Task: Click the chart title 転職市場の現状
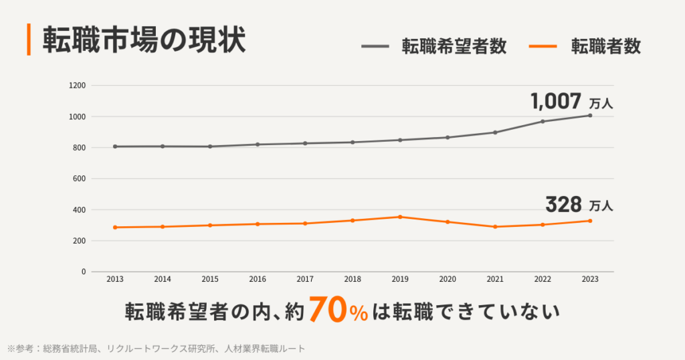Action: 144,40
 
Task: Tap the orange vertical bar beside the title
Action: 29,40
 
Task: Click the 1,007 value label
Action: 556,102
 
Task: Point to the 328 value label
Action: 563,204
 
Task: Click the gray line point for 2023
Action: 590,115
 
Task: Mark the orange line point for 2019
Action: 400,217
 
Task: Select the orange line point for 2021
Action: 495,227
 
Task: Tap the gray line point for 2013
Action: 115,147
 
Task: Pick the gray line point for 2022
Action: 543,121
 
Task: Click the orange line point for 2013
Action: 115,228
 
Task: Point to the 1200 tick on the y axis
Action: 78,86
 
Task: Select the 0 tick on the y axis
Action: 84,272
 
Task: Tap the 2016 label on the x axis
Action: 258,279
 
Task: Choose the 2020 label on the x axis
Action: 448,279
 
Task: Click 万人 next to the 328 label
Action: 601,206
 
